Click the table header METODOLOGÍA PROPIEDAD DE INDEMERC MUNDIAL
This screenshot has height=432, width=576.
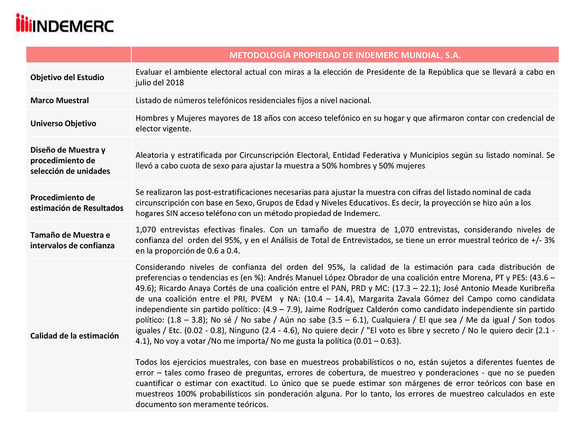point(345,55)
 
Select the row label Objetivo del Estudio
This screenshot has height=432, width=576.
point(67,77)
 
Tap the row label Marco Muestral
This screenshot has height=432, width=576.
point(59,100)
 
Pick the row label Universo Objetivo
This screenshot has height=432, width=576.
point(63,123)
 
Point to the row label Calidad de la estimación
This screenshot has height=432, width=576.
point(74,336)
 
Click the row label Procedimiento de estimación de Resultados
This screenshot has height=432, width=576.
point(76,202)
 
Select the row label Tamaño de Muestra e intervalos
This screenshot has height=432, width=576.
point(72,240)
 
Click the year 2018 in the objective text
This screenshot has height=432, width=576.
point(175,83)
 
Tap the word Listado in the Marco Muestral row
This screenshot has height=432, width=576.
point(148,100)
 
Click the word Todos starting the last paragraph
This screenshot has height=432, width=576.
point(146,362)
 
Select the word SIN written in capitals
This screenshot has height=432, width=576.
point(173,214)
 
